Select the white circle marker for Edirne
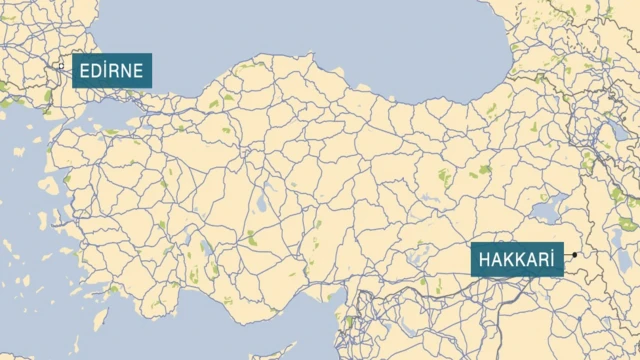[x=60, y=66]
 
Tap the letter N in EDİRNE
[x=129, y=71]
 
